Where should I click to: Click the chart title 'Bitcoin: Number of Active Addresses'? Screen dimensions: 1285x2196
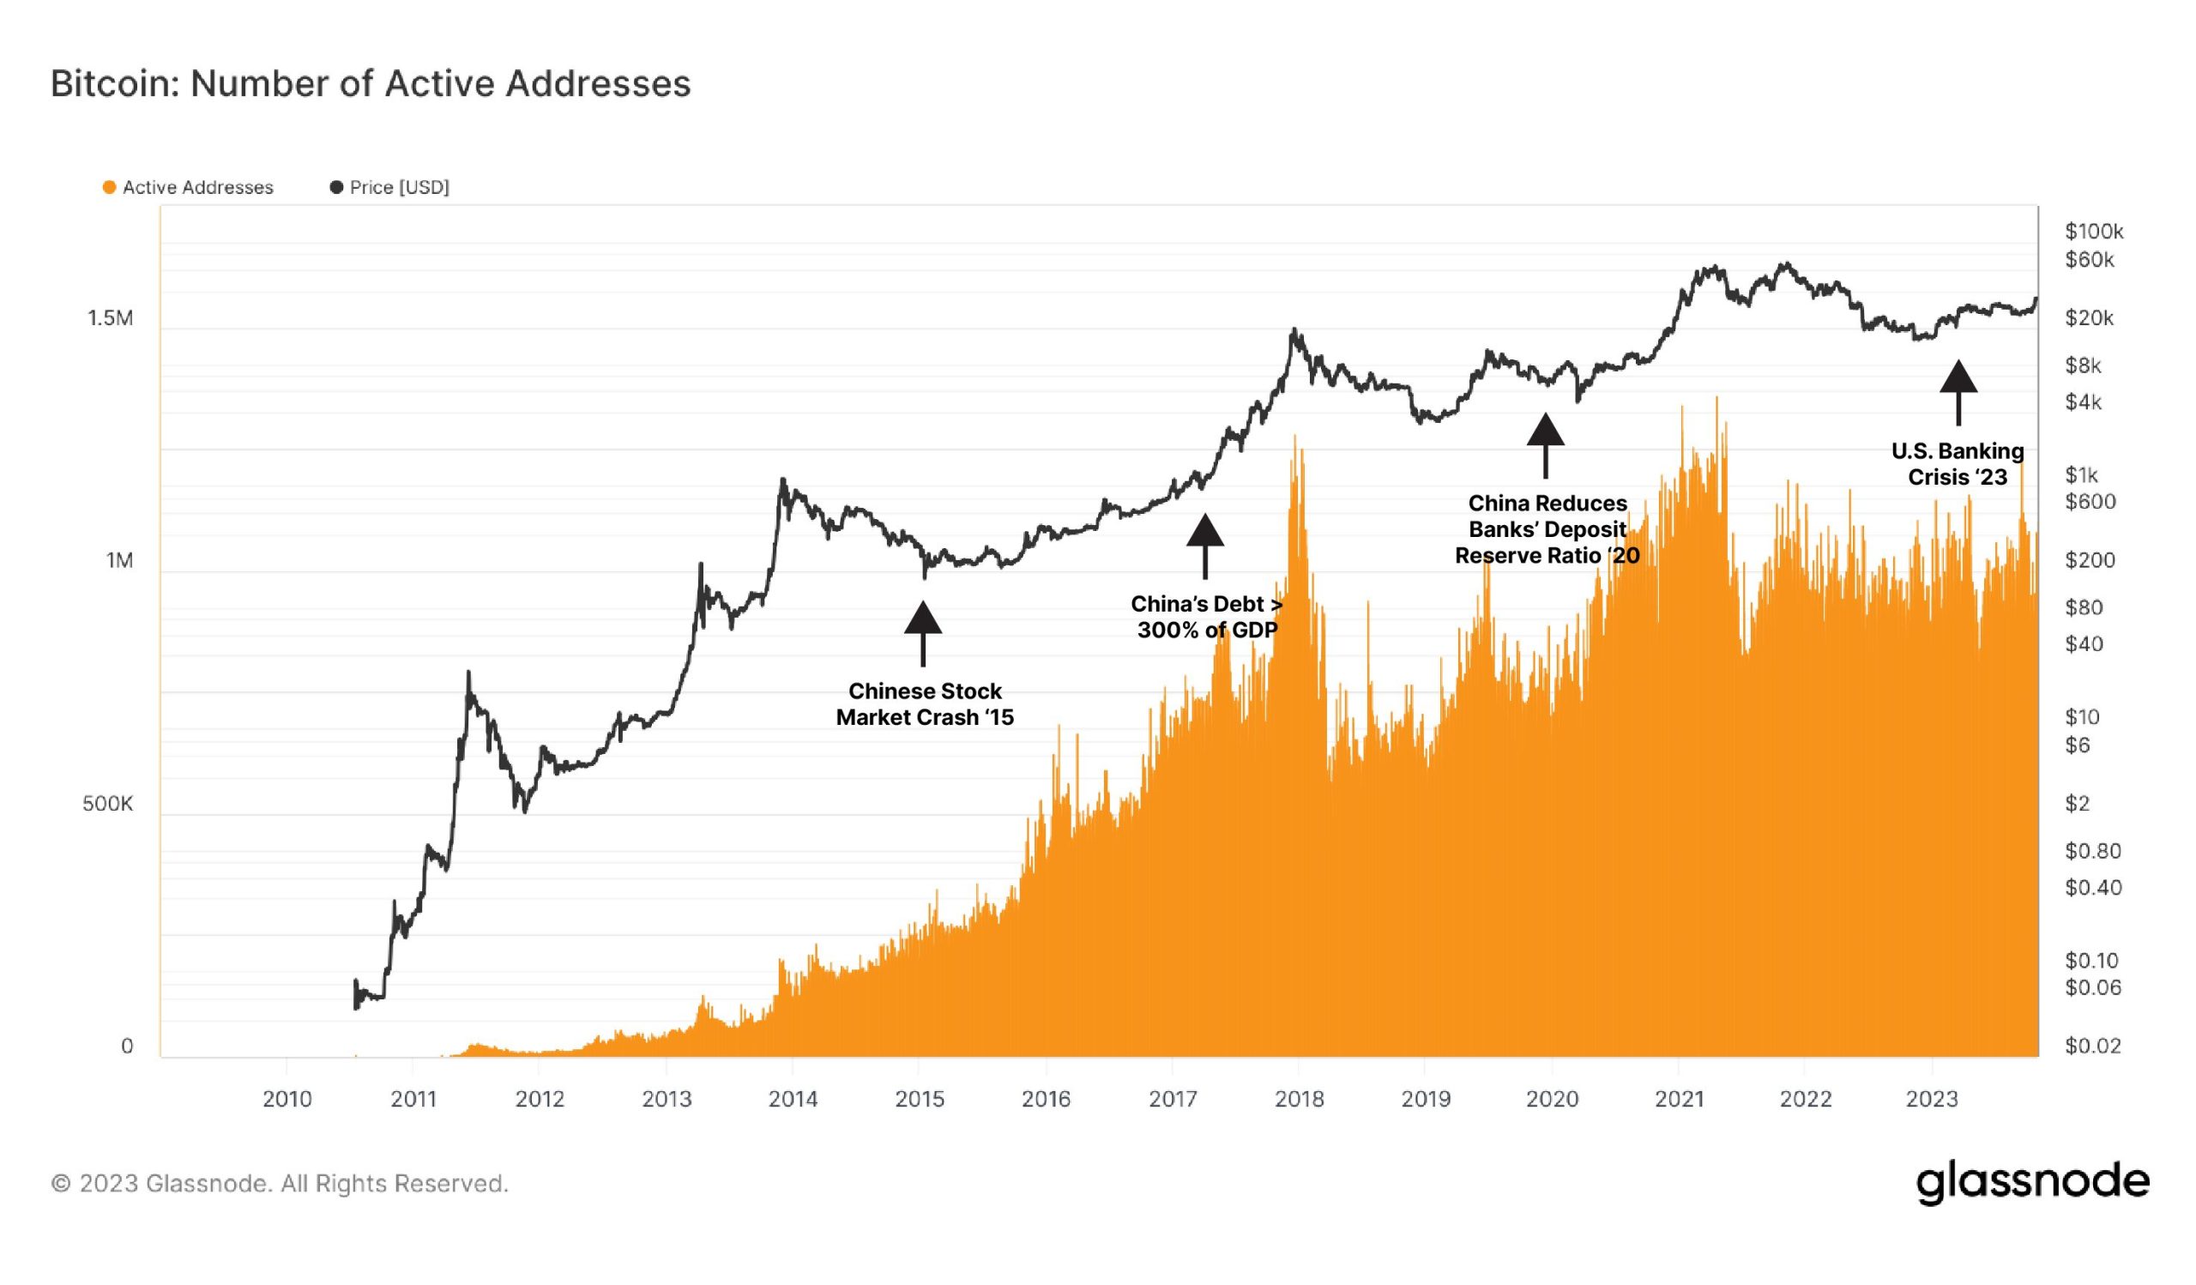(x=371, y=83)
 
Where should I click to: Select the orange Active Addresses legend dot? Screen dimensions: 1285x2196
(x=109, y=187)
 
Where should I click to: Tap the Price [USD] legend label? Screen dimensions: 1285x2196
(x=399, y=187)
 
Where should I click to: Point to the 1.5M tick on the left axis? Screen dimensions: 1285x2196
(x=111, y=319)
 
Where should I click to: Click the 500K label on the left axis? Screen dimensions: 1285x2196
(x=108, y=804)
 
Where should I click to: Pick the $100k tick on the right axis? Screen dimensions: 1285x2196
(x=2093, y=232)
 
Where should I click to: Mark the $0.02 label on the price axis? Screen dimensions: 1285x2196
(x=2092, y=1047)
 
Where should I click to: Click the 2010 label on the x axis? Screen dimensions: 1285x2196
(x=287, y=1100)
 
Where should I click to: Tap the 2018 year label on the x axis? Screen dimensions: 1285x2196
(x=1299, y=1100)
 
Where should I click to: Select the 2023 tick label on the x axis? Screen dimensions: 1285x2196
(x=1931, y=1100)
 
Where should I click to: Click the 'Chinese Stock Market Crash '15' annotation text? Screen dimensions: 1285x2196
(x=925, y=704)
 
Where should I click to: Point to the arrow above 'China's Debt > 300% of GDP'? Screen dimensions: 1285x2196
(x=1205, y=546)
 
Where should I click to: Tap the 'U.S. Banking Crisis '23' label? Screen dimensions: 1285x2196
(x=1958, y=464)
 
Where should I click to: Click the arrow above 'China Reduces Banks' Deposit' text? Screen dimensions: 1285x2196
(x=1546, y=445)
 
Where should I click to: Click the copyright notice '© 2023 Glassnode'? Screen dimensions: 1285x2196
(x=280, y=1184)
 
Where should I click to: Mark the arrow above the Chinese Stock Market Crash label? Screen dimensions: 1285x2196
(x=923, y=632)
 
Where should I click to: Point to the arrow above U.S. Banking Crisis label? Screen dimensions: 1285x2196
(x=1958, y=392)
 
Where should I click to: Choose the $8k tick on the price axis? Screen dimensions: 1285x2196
(x=2083, y=366)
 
